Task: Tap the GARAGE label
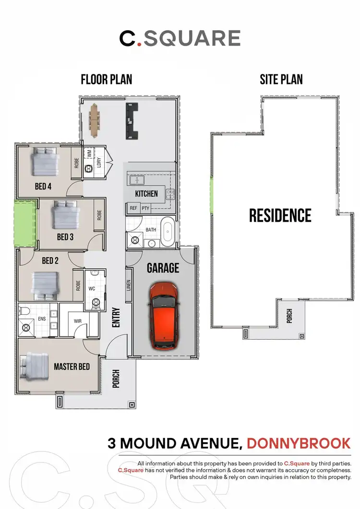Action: (163, 268)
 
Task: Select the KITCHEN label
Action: (146, 194)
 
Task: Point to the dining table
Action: (95, 119)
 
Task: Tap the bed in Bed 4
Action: (45, 162)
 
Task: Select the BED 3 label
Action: (65, 237)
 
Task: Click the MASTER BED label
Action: (72, 367)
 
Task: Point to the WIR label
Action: (78, 321)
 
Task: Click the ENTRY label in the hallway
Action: (116, 318)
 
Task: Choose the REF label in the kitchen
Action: (133, 208)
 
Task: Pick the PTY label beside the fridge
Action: (145, 208)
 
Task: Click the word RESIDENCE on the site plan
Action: (280, 215)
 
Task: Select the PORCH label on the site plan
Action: (289, 316)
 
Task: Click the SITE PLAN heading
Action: (281, 79)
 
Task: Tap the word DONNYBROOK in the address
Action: (299, 443)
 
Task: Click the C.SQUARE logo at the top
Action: (180, 38)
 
